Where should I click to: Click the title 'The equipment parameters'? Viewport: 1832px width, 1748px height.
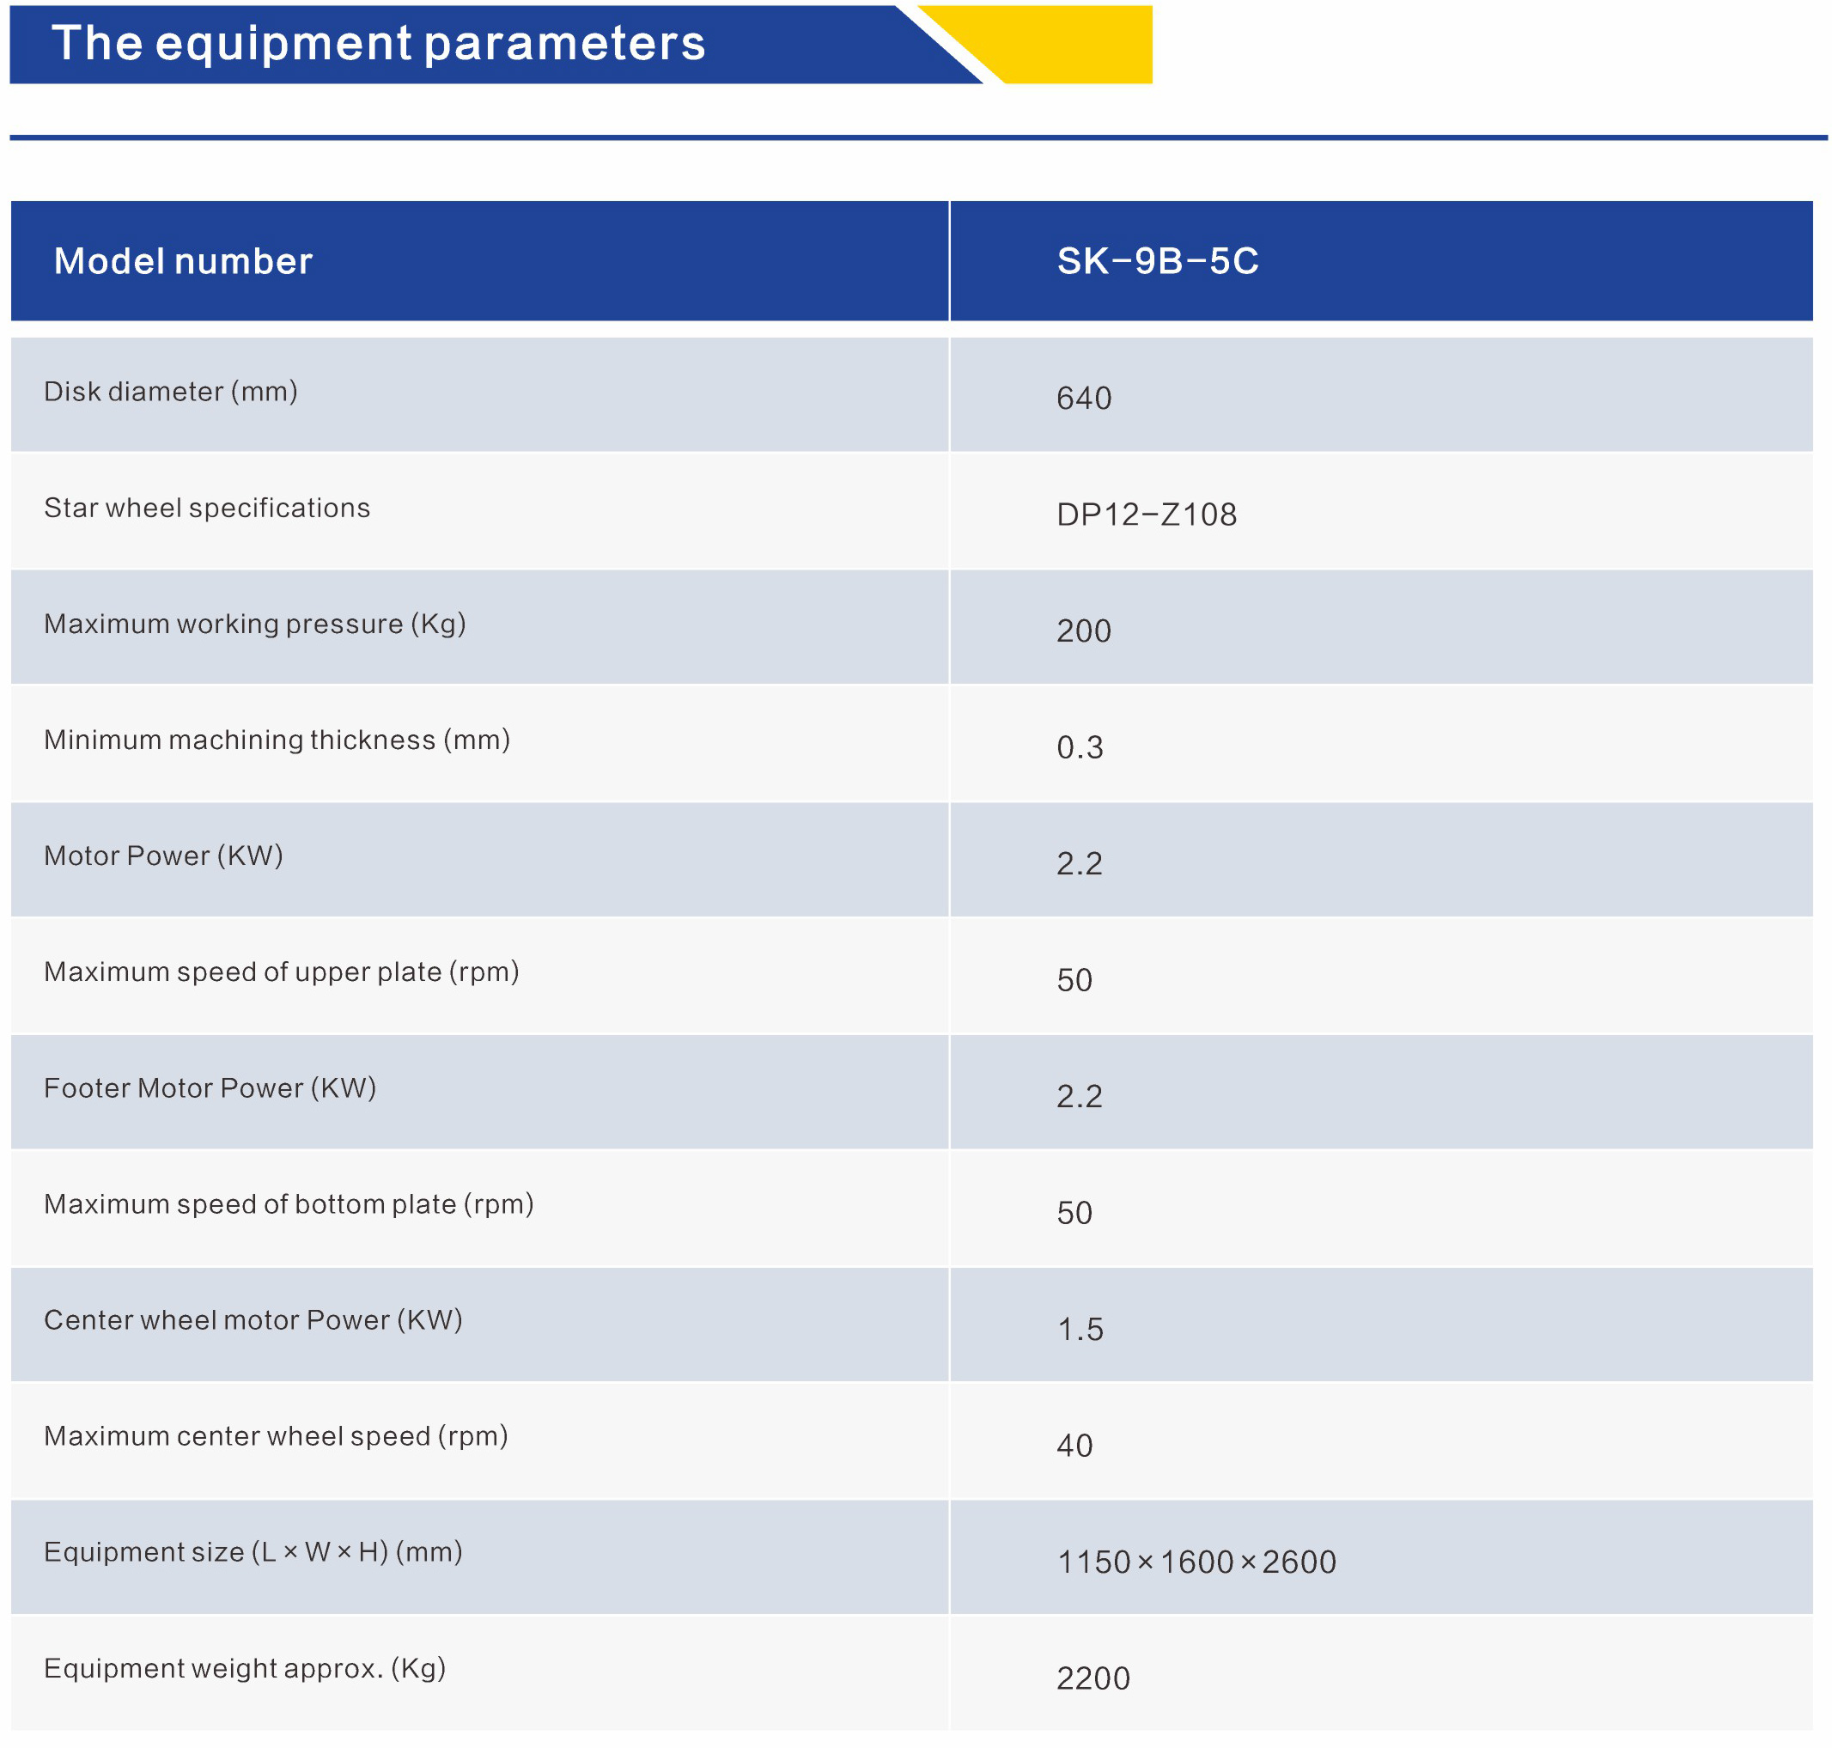click(x=377, y=44)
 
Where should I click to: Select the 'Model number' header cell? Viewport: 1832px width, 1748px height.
click(x=183, y=261)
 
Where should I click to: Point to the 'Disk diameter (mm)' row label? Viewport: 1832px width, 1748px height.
click(x=171, y=392)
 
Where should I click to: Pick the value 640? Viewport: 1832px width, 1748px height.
click(x=1083, y=399)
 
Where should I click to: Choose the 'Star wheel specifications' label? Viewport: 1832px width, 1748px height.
click(x=207, y=508)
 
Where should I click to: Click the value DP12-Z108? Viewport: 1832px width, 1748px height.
click(x=1145, y=515)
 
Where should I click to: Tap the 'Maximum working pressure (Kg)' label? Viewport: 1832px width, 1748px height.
click(x=254, y=624)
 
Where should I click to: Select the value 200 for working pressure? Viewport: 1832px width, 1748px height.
click(x=1083, y=631)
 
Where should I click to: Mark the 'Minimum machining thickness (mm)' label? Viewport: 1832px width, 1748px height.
click(x=277, y=740)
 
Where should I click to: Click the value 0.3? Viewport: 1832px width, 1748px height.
click(x=1079, y=747)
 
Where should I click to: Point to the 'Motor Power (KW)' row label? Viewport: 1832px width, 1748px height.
click(x=163, y=856)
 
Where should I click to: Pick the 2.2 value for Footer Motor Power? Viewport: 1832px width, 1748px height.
click(x=1078, y=1097)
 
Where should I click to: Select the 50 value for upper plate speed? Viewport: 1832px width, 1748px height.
click(x=1074, y=980)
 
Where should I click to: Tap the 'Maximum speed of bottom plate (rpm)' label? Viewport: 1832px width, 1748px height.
click(x=288, y=1204)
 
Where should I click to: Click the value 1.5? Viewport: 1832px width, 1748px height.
click(x=1079, y=1330)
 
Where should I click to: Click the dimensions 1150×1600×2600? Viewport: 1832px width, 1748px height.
click(x=1196, y=1562)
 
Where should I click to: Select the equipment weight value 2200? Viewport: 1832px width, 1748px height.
click(x=1093, y=1679)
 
